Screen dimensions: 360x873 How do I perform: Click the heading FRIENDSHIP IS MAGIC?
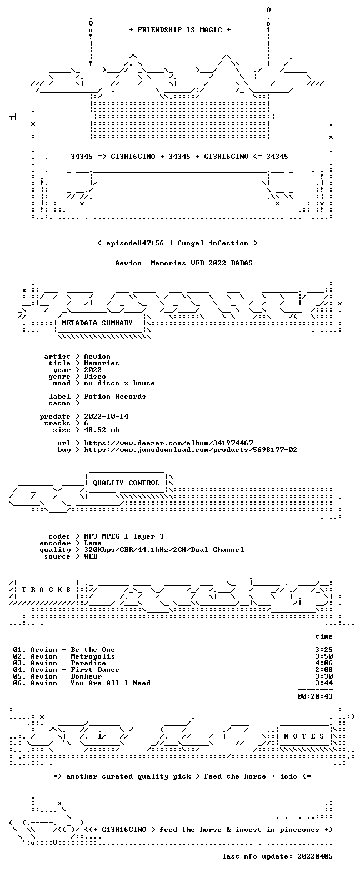click(x=180, y=30)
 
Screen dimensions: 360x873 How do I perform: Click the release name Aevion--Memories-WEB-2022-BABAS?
click(x=184, y=263)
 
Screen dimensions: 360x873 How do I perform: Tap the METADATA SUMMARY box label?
click(x=97, y=323)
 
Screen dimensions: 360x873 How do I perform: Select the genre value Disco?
click(x=95, y=377)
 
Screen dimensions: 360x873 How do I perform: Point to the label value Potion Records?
click(x=115, y=397)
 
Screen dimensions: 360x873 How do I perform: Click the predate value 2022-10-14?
click(x=106, y=417)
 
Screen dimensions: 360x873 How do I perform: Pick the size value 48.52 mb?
click(x=102, y=430)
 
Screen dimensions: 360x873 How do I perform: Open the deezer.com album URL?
click(x=168, y=443)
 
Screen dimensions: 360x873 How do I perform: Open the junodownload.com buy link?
click(x=191, y=450)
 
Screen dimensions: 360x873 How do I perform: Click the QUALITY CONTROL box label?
click(x=126, y=483)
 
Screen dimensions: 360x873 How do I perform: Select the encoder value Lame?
click(x=93, y=543)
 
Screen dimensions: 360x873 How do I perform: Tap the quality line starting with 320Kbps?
click(x=164, y=550)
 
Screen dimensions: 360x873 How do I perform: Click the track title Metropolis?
click(x=93, y=656)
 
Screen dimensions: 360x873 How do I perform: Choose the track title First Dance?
click(x=95, y=670)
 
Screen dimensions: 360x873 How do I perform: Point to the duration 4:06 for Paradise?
click(x=324, y=663)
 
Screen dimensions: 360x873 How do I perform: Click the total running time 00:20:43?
click(x=315, y=696)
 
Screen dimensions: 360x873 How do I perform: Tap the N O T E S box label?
click(x=304, y=736)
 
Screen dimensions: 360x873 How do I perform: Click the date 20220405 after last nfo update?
click(x=315, y=856)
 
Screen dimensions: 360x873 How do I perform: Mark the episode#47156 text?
click(x=135, y=243)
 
